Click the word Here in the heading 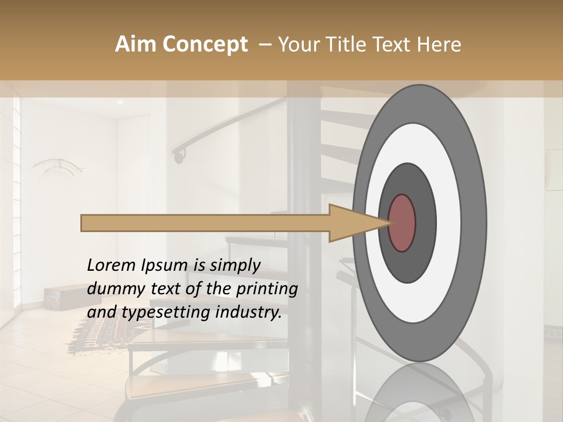(x=440, y=45)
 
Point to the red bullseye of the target (x=402, y=223)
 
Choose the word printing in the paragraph (x=266, y=289)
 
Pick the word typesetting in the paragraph (x=161, y=312)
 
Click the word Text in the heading (x=398, y=45)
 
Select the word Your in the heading (x=299, y=45)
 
